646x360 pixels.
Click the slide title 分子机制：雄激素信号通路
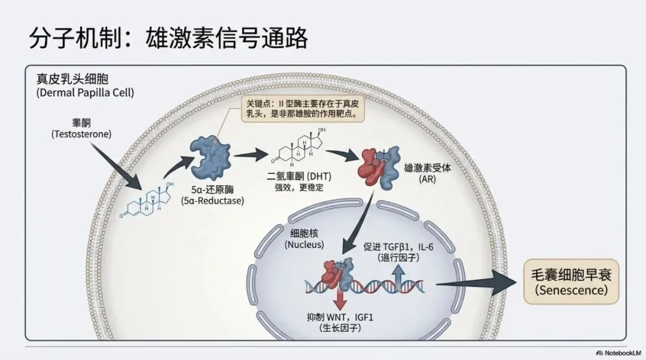[169, 37]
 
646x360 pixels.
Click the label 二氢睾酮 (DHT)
[299, 177]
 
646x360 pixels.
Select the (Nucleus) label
[304, 245]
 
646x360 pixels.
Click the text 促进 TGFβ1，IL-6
[406, 246]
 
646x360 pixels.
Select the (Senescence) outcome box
[571, 282]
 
